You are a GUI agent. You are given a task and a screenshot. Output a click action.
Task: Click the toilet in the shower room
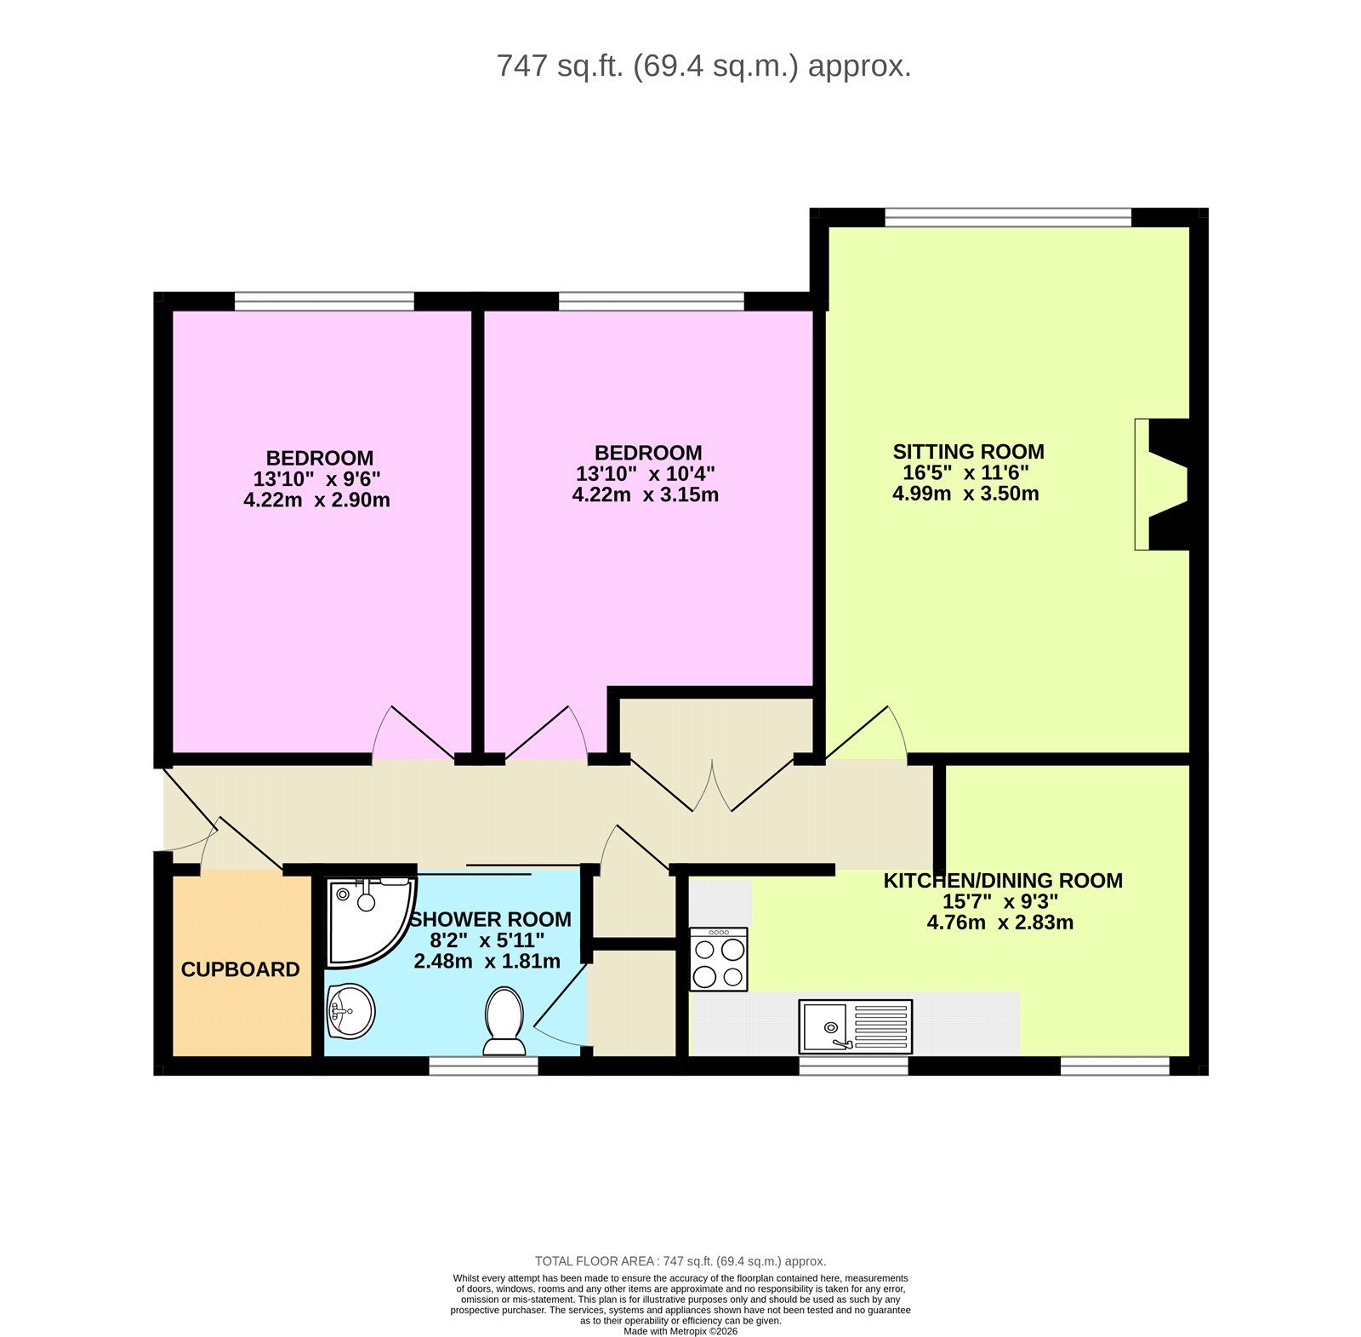(x=504, y=1019)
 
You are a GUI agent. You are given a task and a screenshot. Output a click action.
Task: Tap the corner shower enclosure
(x=366, y=919)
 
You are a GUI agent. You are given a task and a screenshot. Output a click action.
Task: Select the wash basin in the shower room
(x=350, y=1010)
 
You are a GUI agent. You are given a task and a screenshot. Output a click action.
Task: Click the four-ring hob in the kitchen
(x=719, y=960)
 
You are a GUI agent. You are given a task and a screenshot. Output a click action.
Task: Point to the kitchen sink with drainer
(x=855, y=1026)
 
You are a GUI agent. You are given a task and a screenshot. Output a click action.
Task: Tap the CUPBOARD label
(x=240, y=969)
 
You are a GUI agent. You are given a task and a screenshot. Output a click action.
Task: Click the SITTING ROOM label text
(x=968, y=452)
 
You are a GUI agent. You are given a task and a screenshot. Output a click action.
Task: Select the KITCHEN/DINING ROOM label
(x=1002, y=881)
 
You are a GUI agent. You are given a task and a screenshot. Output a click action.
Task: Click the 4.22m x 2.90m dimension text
(x=316, y=500)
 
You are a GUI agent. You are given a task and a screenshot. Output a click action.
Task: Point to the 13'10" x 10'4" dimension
(x=646, y=474)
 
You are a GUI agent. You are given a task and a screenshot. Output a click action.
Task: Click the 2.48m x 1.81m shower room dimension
(x=487, y=961)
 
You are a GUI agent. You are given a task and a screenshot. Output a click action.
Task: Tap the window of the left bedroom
(x=324, y=300)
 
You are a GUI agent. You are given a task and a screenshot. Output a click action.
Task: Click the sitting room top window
(x=1007, y=217)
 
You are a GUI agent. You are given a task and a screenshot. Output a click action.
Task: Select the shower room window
(x=483, y=1066)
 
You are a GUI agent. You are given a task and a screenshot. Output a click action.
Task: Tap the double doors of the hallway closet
(x=712, y=785)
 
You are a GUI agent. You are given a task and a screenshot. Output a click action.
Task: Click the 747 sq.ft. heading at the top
(x=703, y=66)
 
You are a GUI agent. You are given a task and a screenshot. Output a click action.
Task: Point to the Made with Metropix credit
(x=680, y=1331)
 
